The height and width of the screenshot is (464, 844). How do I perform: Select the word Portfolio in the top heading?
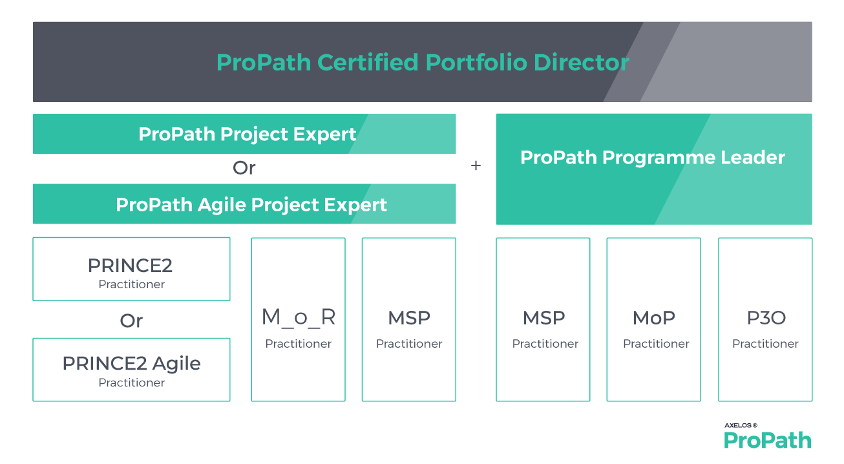pos(474,63)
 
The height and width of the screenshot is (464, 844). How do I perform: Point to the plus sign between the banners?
pos(476,166)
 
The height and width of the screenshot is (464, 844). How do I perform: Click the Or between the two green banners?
pos(244,169)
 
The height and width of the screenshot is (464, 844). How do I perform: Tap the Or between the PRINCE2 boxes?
pos(131,321)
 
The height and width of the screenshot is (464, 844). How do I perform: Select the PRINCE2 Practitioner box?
pos(131,269)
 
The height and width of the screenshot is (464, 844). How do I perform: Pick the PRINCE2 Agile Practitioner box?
pos(131,370)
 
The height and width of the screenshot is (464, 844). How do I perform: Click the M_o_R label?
pos(298,318)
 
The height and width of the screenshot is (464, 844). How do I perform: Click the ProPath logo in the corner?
pos(767,441)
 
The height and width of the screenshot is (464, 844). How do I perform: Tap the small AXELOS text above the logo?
pos(741,426)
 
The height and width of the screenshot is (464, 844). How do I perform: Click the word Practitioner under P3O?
pos(765,344)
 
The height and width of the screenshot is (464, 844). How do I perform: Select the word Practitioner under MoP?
pos(656,344)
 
